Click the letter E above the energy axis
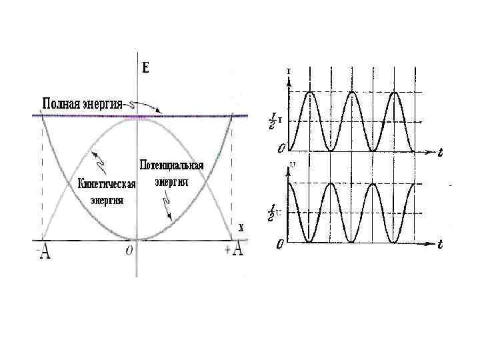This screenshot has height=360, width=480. (x=146, y=67)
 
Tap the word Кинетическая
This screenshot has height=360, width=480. (x=107, y=185)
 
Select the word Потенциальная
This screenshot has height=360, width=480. (x=171, y=165)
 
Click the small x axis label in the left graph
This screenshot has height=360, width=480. (x=241, y=227)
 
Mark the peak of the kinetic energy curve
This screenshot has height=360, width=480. (x=137, y=118)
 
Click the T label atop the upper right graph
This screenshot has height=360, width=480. (x=288, y=71)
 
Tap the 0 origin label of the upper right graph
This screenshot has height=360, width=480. (x=282, y=147)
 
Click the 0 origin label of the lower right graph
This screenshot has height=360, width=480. (x=281, y=244)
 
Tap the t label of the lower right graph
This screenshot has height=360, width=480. (x=440, y=244)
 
